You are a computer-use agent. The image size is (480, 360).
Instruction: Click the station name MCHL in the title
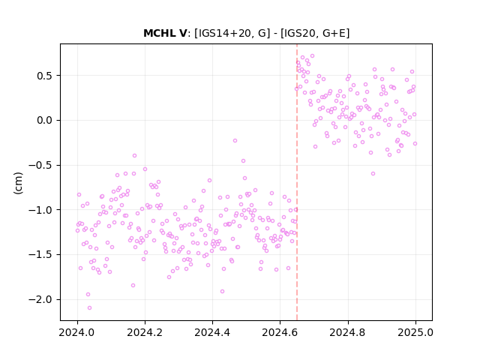(x=160, y=33)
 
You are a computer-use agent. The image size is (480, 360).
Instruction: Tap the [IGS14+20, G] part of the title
(x=232, y=33)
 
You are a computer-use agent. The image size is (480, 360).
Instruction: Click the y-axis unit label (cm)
(x=18, y=183)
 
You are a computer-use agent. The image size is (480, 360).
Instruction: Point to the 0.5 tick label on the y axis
(x=45, y=76)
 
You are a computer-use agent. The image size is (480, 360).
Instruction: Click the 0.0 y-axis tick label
(x=45, y=120)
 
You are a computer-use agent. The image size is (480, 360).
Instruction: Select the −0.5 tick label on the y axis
(x=41, y=165)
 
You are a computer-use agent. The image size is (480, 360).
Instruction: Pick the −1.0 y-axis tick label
(x=41, y=210)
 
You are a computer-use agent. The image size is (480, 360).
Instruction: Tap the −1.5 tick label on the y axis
(x=41, y=255)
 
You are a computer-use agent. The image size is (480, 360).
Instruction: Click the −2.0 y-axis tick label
(x=41, y=299)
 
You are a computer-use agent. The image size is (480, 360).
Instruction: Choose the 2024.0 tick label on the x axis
(x=77, y=332)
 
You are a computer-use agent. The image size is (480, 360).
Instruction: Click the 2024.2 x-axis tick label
(x=145, y=332)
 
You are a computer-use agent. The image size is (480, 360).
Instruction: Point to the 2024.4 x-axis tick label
(x=212, y=332)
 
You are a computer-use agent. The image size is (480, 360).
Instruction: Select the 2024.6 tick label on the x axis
(x=280, y=332)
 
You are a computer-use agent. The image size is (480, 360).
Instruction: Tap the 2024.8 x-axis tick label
(x=348, y=332)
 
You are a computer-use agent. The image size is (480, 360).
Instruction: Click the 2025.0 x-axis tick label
(x=415, y=332)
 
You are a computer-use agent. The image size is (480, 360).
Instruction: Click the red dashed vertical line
(x=297, y=182)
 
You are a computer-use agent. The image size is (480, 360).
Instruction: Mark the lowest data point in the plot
(x=89, y=308)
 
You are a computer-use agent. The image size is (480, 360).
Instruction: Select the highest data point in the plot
(x=312, y=56)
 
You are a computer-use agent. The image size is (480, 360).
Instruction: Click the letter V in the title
(x=182, y=33)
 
